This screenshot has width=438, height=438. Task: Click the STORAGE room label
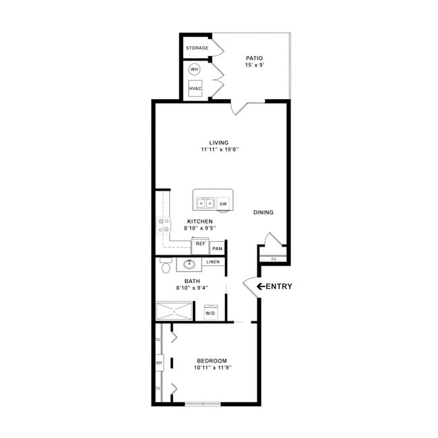coord(197,49)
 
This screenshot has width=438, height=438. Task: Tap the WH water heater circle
coord(195,69)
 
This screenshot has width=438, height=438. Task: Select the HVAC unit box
coord(195,89)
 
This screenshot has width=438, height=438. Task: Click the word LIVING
coord(218,142)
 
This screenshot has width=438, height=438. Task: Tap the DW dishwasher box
coord(222,203)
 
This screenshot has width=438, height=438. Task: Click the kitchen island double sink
coord(206,203)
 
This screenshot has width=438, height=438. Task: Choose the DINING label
coord(263,212)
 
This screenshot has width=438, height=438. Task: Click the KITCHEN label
coord(200,221)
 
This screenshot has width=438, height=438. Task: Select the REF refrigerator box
coord(200,244)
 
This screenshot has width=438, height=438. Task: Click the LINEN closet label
coord(213,261)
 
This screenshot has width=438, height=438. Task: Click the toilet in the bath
coord(166,268)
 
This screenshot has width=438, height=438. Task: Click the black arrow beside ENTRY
coord(260,286)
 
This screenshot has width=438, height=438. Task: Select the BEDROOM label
coord(212,361)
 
